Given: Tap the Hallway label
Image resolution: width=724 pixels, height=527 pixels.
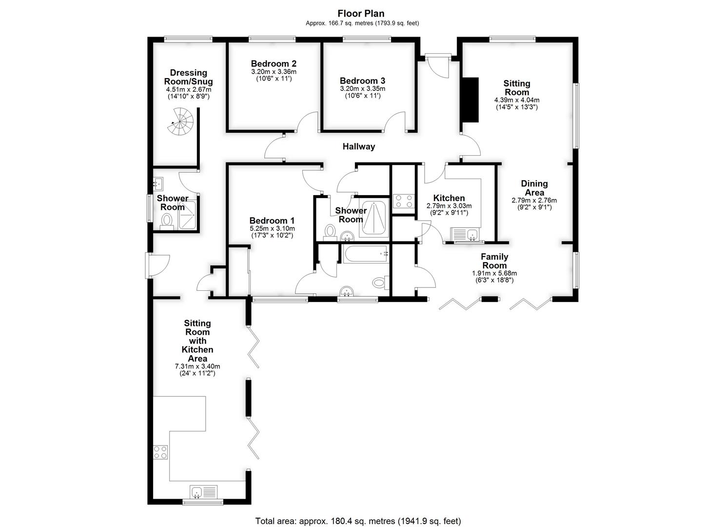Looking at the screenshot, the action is coord(359,146).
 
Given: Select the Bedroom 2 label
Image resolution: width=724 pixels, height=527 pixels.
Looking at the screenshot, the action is coord(274,63).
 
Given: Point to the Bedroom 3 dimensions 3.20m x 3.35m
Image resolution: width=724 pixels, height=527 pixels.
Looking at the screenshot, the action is coord(362,89).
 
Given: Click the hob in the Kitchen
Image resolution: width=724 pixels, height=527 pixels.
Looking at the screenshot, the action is coord(403,201).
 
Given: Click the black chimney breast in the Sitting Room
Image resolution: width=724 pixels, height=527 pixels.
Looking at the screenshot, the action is coord(470,100).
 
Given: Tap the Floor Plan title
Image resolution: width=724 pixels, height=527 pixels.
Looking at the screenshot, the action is coord(361,14).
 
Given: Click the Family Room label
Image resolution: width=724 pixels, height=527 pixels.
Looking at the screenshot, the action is coord(494,261).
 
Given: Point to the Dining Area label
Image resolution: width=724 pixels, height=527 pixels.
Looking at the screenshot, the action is coord(534,188).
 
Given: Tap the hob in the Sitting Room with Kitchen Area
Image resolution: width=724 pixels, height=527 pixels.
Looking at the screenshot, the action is coord(160,452).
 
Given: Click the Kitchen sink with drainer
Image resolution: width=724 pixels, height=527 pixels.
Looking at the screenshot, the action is coord(466,234).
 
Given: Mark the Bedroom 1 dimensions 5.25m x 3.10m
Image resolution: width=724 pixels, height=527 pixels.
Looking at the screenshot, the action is coord(272,228).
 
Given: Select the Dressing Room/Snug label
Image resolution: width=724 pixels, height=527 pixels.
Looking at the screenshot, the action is coord(188,77).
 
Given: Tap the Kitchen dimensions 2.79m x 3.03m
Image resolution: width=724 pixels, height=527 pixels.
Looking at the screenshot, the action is coord(449,206).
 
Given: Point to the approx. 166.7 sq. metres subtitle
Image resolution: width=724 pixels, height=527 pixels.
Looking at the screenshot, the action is coord(362,23).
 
